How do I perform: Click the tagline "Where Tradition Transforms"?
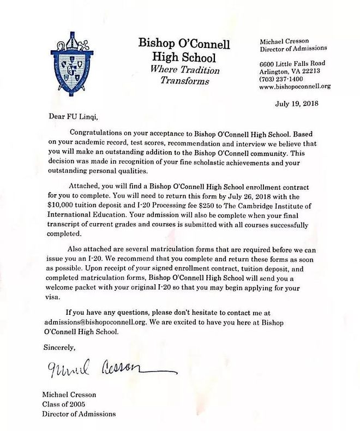click(185, 76)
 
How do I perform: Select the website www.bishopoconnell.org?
click(295, 86)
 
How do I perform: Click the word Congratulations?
click(101, 133)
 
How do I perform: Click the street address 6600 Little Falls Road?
click(296, 63)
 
